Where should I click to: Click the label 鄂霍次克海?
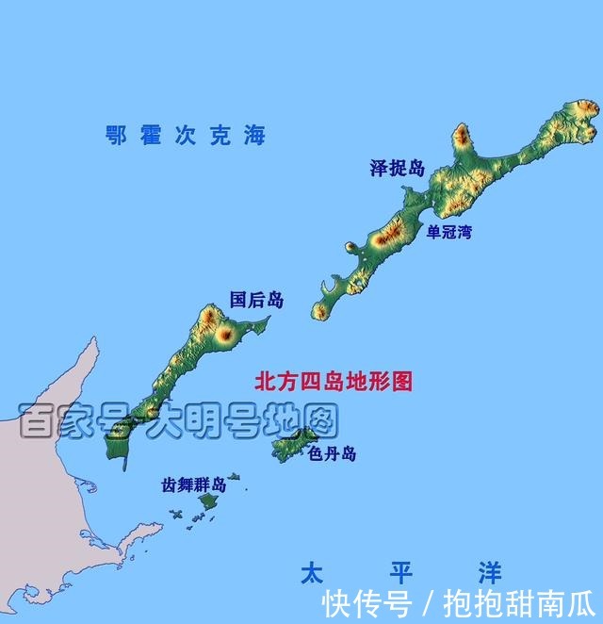(x=186, y=136)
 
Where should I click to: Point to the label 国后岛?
(x=256, y=301)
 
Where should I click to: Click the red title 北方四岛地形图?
(x=334, y=382)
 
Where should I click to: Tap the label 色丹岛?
(x=332, y=454)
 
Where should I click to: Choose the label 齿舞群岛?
(x=193, y=485)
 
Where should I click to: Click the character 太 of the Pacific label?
(x=312, y=572)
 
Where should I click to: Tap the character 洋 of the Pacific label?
(x=489, y=572)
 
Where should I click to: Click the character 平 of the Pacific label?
(x=400, y=572)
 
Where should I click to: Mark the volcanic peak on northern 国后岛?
(x=225, y=333)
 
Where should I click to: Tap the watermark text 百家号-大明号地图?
(x=178, y=421)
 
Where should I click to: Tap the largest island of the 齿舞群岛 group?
(x=207, y=501)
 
